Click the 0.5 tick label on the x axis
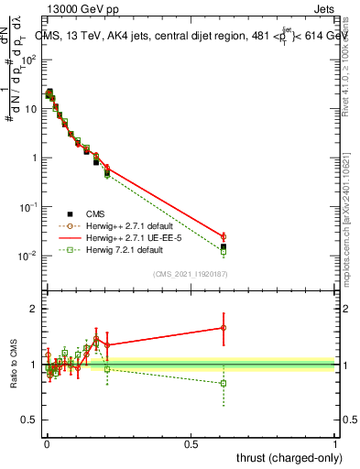coord(191,443)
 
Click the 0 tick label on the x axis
coord(46,443)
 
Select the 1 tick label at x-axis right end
coord(335,443)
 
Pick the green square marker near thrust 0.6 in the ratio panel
coord(224,383)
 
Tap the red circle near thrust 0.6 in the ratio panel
coord(224,327)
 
